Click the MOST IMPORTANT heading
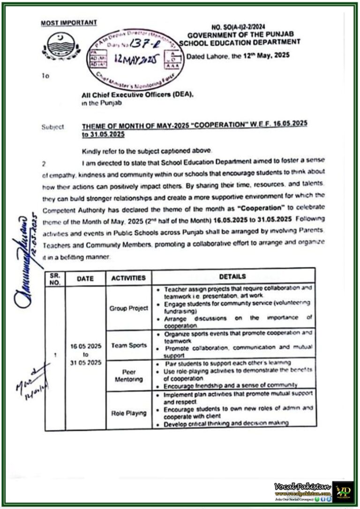(69, 22)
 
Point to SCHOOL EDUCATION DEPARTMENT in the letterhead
(244, 42)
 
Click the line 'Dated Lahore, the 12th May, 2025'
(238, 55)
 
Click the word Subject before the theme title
(52, 127)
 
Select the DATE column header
(85, 278)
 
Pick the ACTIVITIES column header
(128, 278)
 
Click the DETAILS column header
(233, 277)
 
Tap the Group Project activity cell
(128, 308)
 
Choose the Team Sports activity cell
(128, 345)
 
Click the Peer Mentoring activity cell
(128, 375)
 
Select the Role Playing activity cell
(128, 413)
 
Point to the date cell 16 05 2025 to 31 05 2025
(85, 355)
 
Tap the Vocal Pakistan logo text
(302, 487)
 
